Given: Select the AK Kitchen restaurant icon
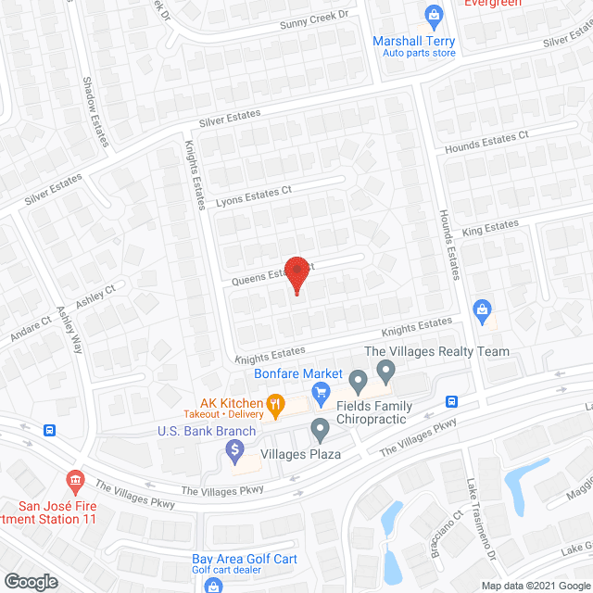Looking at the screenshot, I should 274,404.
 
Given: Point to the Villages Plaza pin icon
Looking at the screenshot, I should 321,430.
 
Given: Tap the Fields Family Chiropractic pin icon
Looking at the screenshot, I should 359,380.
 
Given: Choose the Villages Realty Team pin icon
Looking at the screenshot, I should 386,372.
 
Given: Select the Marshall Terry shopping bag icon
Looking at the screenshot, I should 433,16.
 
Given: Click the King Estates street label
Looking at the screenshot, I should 490,226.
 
